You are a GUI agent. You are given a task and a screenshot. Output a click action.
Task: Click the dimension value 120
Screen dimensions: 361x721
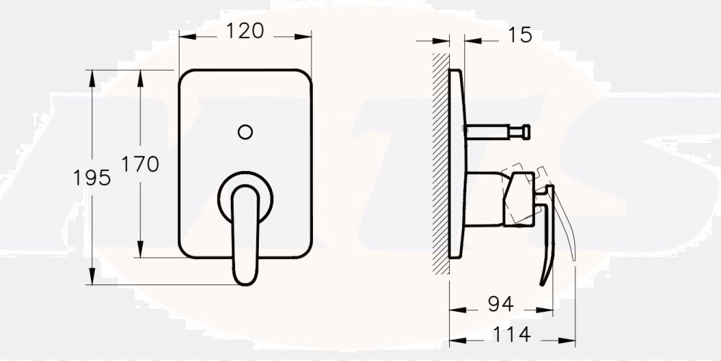pos(245,31)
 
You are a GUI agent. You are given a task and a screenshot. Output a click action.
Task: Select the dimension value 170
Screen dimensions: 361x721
pos(139,165)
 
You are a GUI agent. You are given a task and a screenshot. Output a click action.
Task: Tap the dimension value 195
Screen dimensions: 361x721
pos(92,178)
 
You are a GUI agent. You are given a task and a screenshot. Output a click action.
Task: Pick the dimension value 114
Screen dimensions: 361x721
pos(512,334)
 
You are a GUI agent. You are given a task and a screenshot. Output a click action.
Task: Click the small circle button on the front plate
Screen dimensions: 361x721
pos(245,131)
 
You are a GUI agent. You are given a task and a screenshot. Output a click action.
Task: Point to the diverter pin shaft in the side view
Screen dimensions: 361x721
pos(490,131)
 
